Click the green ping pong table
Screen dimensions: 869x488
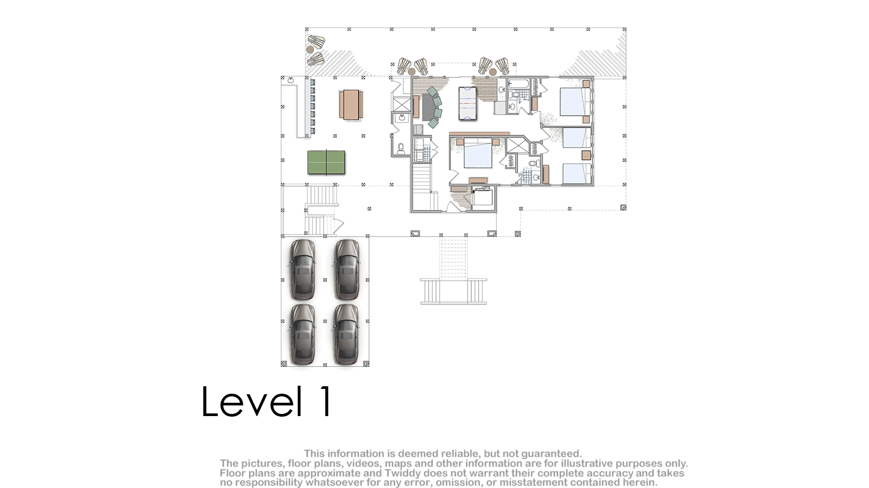326,162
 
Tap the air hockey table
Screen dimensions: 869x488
468,104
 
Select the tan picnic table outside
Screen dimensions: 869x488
351,105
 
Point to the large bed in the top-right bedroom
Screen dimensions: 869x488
575,101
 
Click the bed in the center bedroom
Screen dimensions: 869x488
478,153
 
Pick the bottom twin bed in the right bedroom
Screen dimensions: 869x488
577,174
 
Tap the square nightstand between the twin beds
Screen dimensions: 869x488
586,155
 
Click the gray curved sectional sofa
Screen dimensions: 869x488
430,107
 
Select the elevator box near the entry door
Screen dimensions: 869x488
482,198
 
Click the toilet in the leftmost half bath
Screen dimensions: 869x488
401,148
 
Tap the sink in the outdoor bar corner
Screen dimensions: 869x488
291,80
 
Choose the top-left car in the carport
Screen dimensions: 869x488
302,270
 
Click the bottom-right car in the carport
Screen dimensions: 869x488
347,334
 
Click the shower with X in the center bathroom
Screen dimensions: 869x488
518,145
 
